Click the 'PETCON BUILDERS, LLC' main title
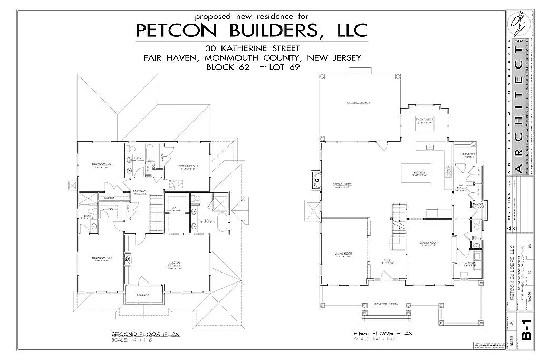click(252, 30)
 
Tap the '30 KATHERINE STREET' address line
click(252, 49)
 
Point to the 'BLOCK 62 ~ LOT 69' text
click(252, 67)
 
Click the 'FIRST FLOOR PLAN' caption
click(383, 333)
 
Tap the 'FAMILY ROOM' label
click(343, 184)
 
